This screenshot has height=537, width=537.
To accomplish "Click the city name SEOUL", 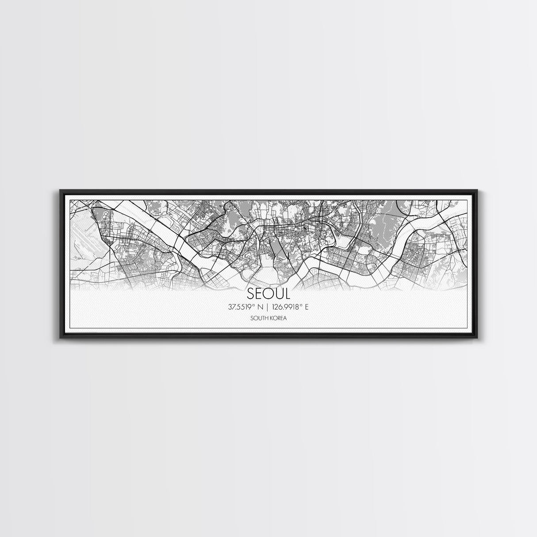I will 268,294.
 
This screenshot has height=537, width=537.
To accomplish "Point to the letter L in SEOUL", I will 287,294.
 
